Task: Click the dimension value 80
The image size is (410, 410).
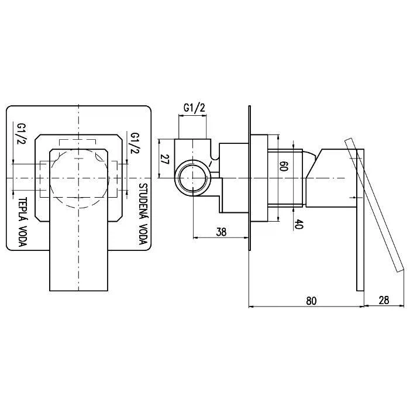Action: pyautogui.click(x=311, y=301)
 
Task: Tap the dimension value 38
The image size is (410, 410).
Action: pyautogui.click(x=221, y=232)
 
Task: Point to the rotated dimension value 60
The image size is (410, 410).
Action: pyautogui.click(x=284, y=166)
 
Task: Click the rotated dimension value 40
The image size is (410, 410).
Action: pyautogui.click(x=298, y=224)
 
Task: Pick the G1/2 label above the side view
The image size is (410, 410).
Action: pyautogui.click(x=195, y=108)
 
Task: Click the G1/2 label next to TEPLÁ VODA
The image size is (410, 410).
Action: pyautogui.click(x=20, y=134)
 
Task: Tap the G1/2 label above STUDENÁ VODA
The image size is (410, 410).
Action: pyautogui.click(x=136, y=143)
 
